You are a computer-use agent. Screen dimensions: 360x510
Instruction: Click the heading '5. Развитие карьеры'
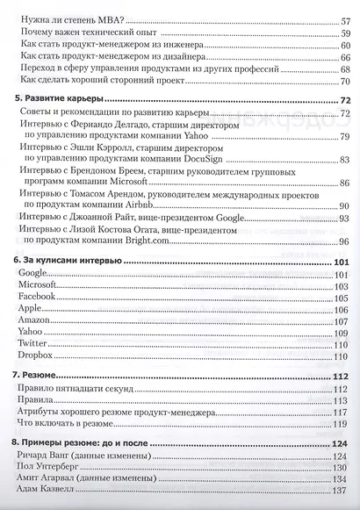coord(59,101)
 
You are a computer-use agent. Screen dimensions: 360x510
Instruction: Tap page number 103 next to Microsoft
coord(343,287)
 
